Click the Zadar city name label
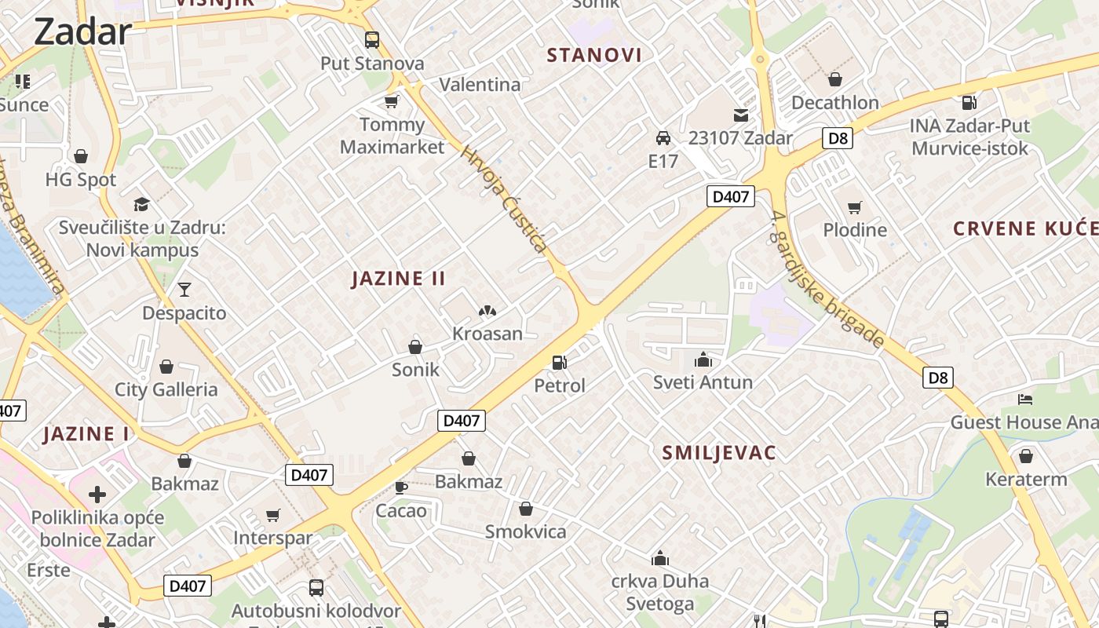[x=82, y=31]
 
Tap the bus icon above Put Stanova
[x=372, y=39]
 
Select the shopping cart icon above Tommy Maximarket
[x=391, y=101]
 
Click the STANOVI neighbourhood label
[x=594, y=55]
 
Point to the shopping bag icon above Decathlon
[x=835, y=79]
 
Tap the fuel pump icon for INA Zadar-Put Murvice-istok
[x=969, y=102]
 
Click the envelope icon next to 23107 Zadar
[x=741, y=115]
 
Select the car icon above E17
[x=663, y=138]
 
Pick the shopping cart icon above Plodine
[x=855, y=207]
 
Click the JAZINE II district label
[x=399, y=279]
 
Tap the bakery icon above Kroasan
[x=487, y=311]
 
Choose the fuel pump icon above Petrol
[x=560, y=362]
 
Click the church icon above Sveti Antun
[x=703, y=360]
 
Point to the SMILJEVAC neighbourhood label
[x=719, y=453]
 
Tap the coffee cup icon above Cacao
[x=401, y=487]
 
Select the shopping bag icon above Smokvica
[x=526, y=509]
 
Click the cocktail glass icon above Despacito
[x=184, y=290]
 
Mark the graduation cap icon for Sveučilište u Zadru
[x=141, y=205]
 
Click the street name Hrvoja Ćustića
[x=504, y=199]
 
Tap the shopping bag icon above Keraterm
[x=1026, y=456]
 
